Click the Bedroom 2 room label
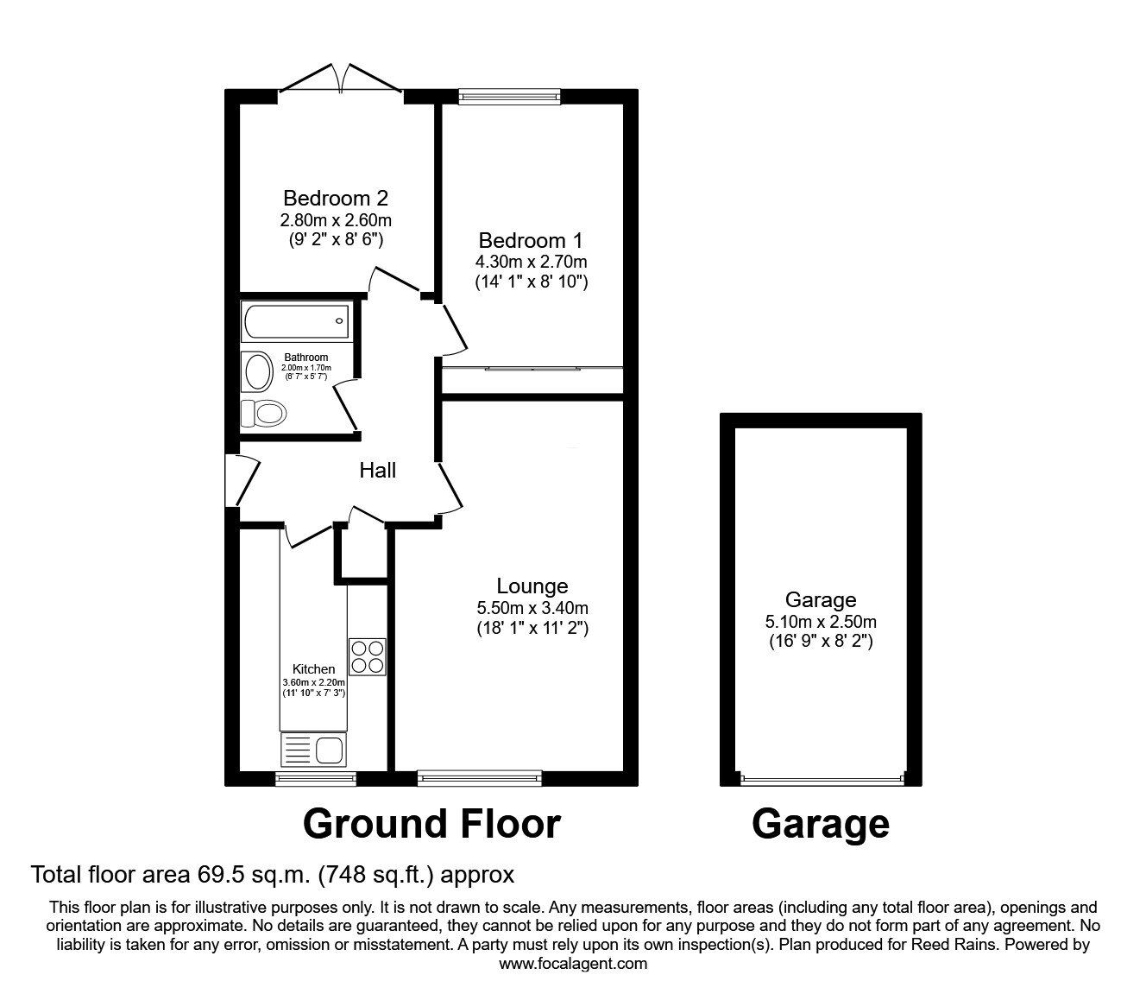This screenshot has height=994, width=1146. click(336, 198)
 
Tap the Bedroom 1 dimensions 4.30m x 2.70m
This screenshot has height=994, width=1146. click(531, 261)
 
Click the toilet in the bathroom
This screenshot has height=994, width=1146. click(263, 413)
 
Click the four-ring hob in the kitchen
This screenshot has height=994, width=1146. click(367, 656)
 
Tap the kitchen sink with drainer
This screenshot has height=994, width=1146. click(312, 750)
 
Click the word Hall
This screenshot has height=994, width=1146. click(378, 471)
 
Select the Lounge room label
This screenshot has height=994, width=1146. click(532, 586)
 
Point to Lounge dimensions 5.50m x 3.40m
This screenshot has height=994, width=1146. click(532, 608)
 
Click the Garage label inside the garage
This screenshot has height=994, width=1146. click(820, 599)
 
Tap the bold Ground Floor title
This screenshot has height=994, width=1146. click(431, 824)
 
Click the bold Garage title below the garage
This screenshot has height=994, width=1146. click(820, 824)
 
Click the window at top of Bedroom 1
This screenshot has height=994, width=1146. click(508, 97)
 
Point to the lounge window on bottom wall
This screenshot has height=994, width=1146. click(479, 779)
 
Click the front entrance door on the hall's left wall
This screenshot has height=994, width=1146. click(242, 482)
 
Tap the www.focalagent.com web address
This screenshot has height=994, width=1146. click(573, 965)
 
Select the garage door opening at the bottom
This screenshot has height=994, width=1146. click(822, 779)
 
